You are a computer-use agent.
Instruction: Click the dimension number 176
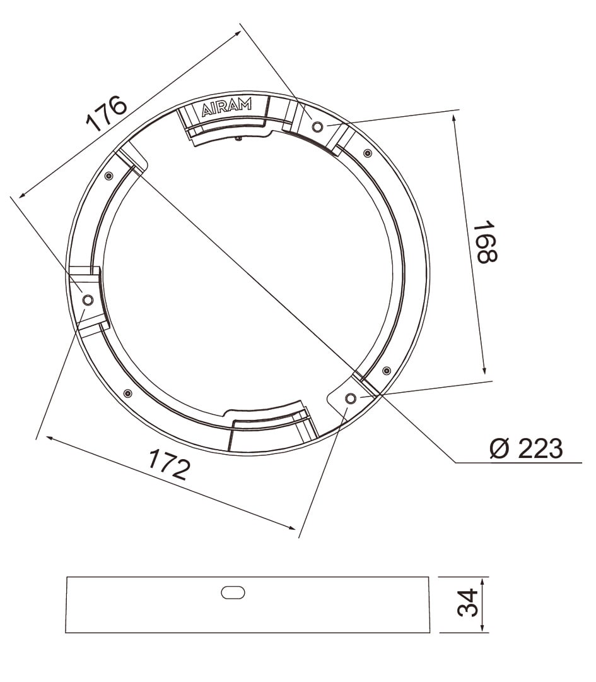coord(107,112)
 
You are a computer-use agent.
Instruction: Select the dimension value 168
coord(485,242)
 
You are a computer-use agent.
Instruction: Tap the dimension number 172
coord(169,465)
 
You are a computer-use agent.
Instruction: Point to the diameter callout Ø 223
coord(526,448)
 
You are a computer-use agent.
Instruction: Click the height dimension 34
coord(467,603)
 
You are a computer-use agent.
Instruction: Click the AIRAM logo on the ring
coord(227,107)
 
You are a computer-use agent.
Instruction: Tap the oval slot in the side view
coord(233,592)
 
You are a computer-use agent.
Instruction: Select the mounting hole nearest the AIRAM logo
coord(317,126)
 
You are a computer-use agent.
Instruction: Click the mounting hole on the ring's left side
coord(88,300)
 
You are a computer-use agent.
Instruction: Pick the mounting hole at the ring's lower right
coord(350,398)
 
